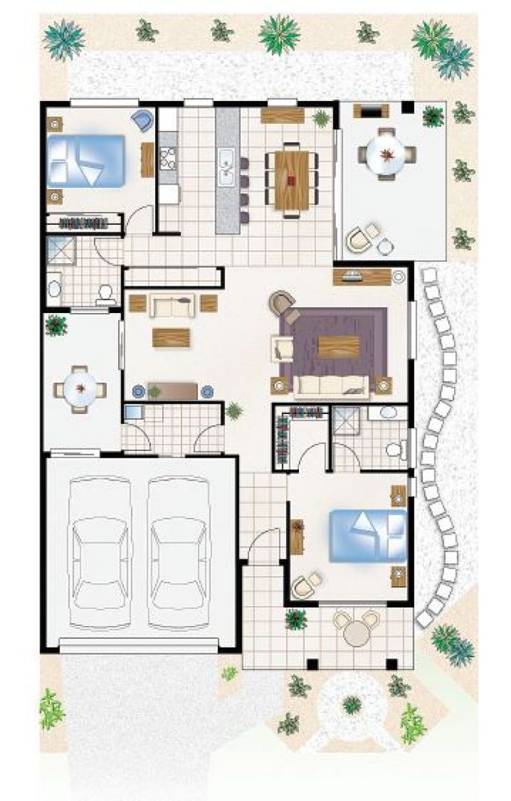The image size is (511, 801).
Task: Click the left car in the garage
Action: coord(101,553)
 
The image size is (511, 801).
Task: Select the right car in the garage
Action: coord(179,553)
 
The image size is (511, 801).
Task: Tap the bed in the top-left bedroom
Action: coord(85,160)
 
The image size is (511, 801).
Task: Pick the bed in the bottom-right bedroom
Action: coord(368,535)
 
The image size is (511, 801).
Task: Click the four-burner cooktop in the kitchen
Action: coord(168,159)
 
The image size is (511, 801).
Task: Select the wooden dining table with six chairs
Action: coord(291,180)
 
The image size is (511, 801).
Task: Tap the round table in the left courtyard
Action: coord(80,389)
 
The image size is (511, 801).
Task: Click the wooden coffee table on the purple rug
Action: coord(338,346)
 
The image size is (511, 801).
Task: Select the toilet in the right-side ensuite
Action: coord(394,449)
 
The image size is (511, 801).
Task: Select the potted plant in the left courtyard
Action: coord(56,325)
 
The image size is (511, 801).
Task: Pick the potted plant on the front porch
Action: coord(296,619)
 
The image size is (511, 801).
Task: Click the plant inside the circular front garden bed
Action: coord(352,704)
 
